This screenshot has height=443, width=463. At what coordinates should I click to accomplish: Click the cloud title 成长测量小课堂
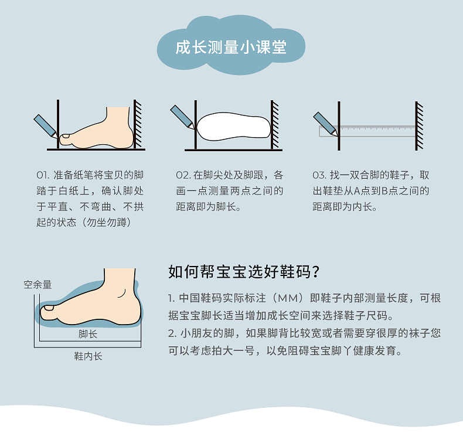tap(231, 47)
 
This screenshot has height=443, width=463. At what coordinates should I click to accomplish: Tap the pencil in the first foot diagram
tap(46, 126)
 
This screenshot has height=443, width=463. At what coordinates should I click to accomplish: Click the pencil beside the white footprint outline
tap(182, 117)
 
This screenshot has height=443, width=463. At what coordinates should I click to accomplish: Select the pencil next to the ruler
tap(325, 124)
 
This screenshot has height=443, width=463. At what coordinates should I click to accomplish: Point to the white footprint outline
tap(233, 127)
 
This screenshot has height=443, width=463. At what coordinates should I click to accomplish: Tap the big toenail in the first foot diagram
tap(65, 136)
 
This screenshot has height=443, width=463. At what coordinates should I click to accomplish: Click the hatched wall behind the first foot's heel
tap(137, 124)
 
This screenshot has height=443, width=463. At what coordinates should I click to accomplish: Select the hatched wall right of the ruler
tap(419, 126)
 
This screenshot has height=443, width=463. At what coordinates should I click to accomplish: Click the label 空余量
tap(38, 285)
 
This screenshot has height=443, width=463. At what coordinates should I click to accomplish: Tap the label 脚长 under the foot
tap(88, 334)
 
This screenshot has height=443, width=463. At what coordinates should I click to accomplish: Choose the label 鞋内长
tap(88, 356)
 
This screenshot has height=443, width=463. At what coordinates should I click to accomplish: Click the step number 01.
tap(43, 175)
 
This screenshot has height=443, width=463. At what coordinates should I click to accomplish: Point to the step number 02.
tap(183, 175)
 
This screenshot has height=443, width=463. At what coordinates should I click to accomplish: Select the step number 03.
tap(319, 175)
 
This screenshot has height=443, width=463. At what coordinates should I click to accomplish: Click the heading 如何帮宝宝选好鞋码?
tap(244, 271)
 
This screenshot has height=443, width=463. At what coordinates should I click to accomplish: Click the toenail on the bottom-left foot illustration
tap(49, 308)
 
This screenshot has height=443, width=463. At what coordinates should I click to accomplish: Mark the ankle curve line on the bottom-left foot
tap(122, 294)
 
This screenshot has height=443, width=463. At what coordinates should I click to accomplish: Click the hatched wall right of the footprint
tap(275, 125)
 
